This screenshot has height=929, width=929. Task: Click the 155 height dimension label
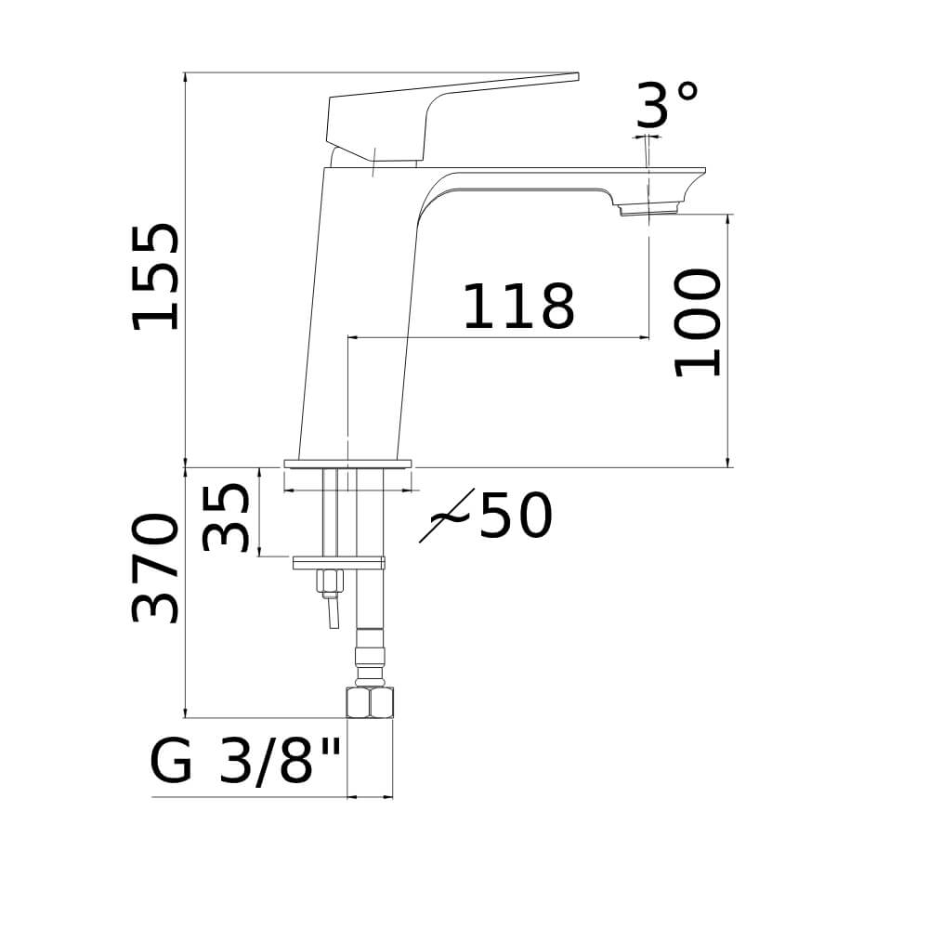click(x=155, y=276)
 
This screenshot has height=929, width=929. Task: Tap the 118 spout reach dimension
click(x=518, y=307)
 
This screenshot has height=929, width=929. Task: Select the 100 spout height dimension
click(x=698, y=323)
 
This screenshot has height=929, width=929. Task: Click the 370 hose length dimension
click(x=155, y=569)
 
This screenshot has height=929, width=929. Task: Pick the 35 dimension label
click(x=226, y=517)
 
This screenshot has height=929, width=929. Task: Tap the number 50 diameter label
click(x=516, y=515)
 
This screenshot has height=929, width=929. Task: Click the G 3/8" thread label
click(x=246, y=762)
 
